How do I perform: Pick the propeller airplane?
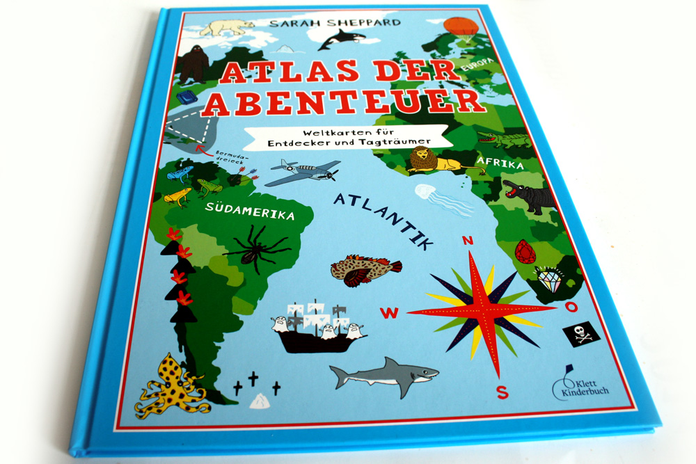point(302,172)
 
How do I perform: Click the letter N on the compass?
point(468,240)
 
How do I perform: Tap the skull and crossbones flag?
point(582,334)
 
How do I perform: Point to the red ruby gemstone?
point(525,251)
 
